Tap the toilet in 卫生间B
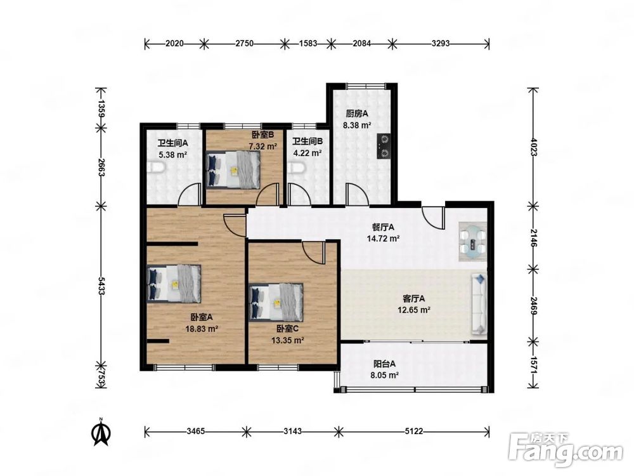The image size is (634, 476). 295,168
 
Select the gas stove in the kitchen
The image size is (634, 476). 384,146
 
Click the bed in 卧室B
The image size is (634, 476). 232,169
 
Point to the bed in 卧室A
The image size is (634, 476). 174,283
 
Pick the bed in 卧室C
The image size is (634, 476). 276,301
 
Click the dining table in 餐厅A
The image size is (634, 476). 472,242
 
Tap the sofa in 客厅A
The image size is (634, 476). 479,305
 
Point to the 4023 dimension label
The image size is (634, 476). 533,147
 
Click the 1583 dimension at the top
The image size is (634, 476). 307,43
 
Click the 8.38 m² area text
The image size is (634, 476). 357,126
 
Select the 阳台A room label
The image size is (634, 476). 384,364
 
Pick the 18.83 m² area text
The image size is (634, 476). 202,329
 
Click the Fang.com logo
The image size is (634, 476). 566,450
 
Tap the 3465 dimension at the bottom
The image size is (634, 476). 195,432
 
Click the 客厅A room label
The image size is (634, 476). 413,299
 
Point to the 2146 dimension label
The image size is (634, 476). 533,238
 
